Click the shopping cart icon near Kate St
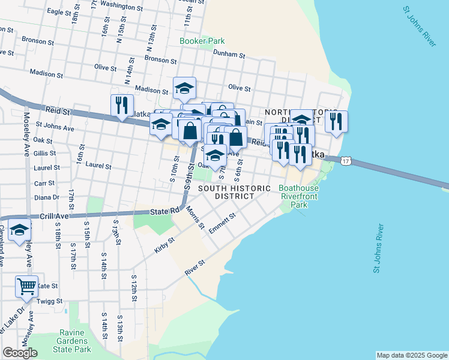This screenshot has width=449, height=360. coord(26,287)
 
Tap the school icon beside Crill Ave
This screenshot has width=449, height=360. coord(19,230)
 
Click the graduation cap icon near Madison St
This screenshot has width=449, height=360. coord(184,89)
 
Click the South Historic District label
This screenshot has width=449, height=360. coord(234,192)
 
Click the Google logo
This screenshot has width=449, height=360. coord(20,353)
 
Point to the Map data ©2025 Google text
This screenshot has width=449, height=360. coord(411,355)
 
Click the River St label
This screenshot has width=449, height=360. coord(195,268)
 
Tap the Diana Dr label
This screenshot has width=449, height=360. coord(47,197)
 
